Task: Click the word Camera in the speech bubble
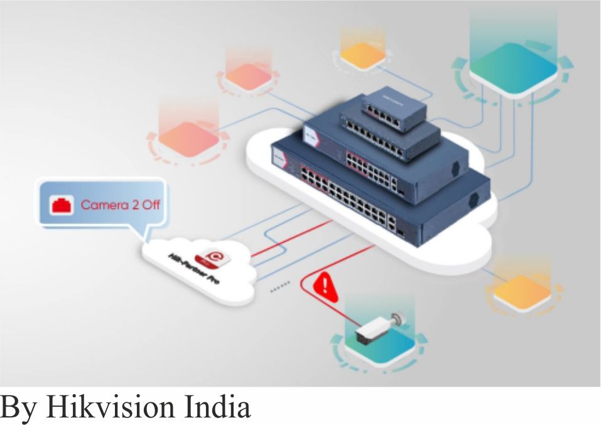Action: [100, 205]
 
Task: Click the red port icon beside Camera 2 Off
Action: [62, 205]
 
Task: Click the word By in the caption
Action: [19, 407]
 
